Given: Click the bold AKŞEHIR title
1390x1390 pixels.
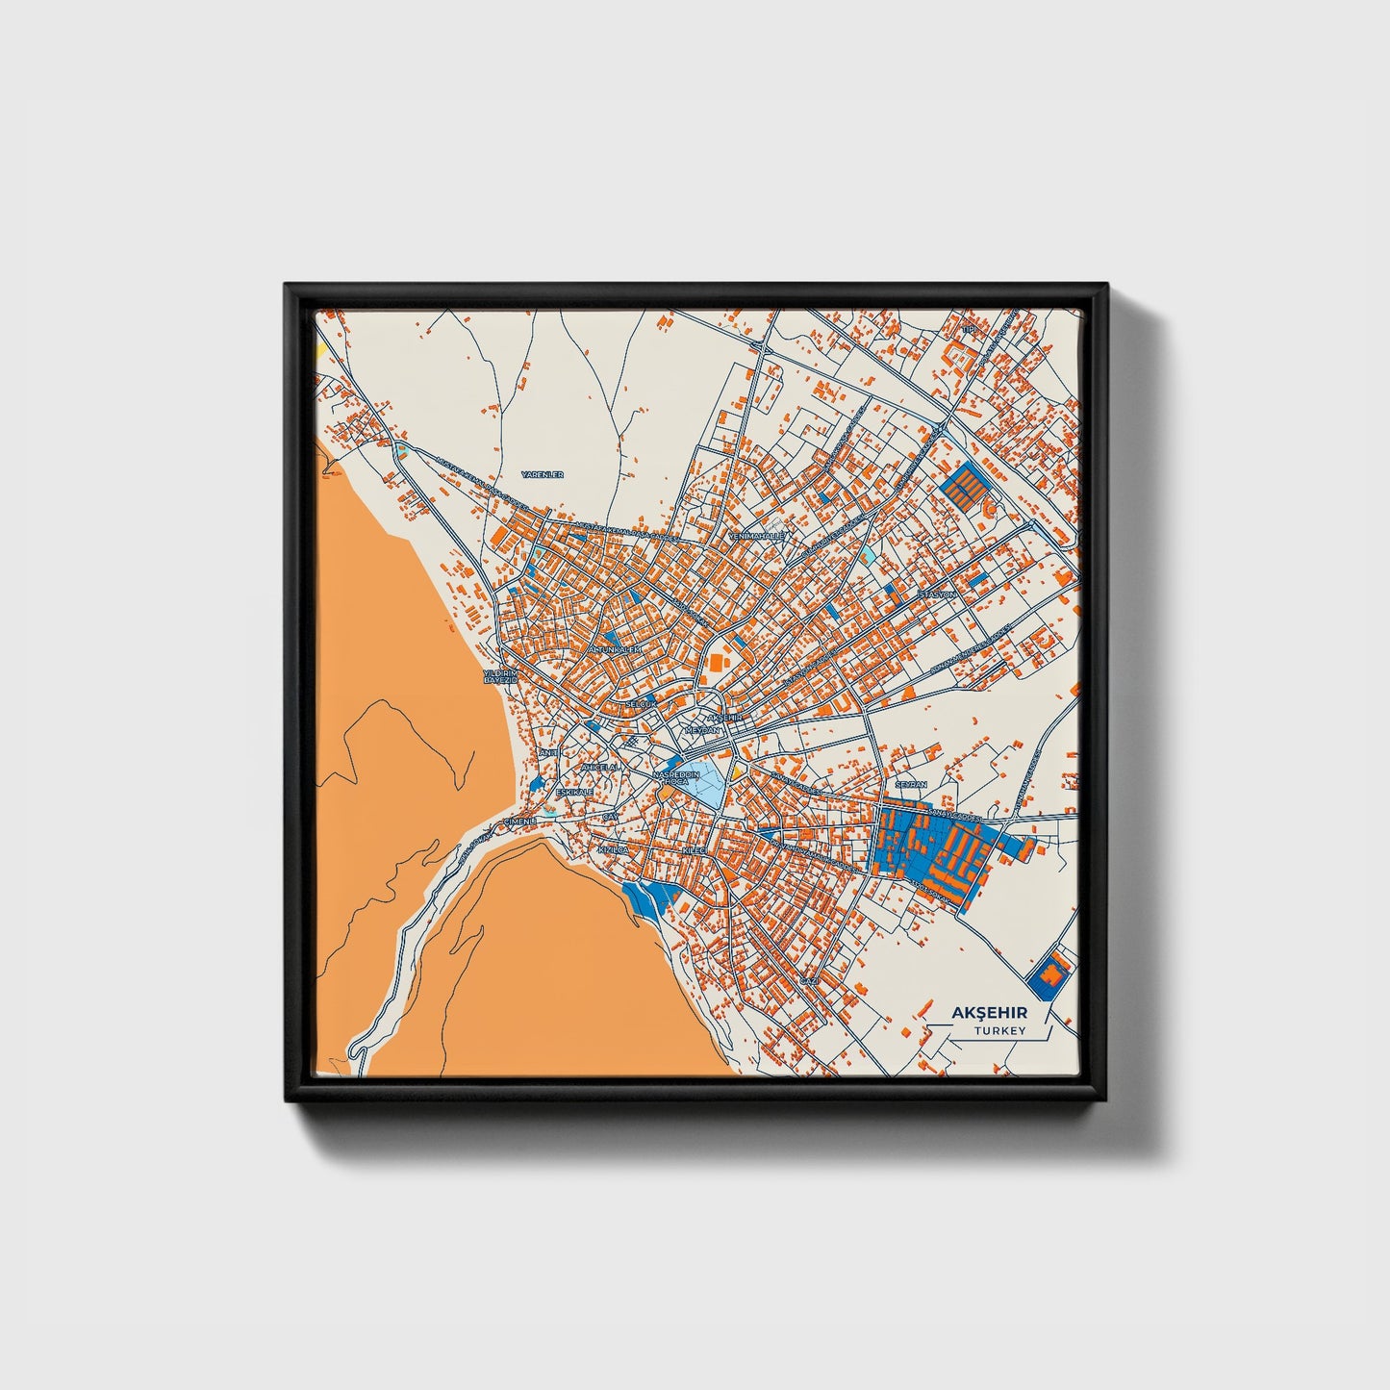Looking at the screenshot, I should tap(989, 1012).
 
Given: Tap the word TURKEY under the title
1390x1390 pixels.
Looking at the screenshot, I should tap(999, 1030).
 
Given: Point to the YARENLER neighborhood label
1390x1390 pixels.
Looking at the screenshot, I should tap(542, 474).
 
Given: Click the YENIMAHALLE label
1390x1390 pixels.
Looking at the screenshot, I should tap(757, 535).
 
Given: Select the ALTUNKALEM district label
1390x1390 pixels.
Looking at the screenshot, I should tap(613, 649).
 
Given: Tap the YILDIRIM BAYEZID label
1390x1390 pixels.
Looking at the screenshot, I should tap(500, 675).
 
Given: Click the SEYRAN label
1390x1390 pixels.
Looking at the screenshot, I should tap(910, 785).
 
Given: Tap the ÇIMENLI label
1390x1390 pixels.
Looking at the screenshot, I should tap(519, 821).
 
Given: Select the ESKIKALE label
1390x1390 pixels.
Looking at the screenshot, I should tap(574, 792).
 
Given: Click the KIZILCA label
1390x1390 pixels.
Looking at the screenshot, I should tap(612, 851).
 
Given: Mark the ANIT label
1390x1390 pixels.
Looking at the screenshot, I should tap(548, 752).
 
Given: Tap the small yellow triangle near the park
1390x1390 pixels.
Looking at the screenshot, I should tap(738, 771).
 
